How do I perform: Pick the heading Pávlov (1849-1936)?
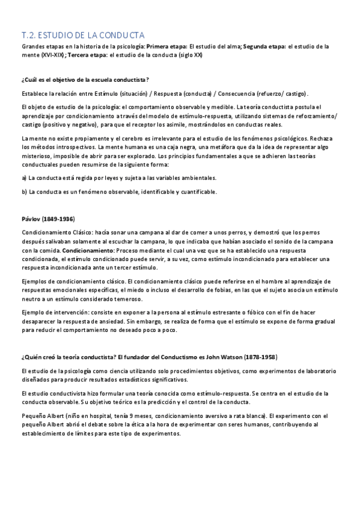click(x=48, y=218)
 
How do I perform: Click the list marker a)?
click(x=24, y=178)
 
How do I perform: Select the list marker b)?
click(x=24, y=192)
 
